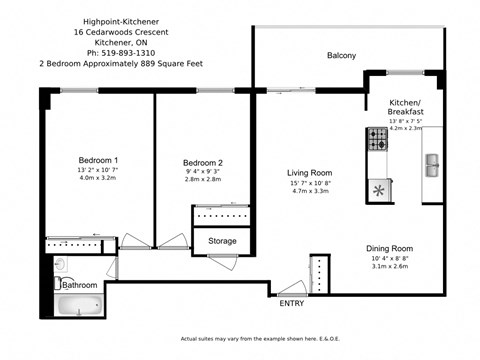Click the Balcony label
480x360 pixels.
coord(341,55)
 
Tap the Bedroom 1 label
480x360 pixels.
coord(98,161)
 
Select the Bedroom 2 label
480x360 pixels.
coord(203,163)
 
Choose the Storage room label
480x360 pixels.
coord(222,241)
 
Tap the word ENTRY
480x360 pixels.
coord(292,304)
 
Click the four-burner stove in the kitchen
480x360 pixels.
coord(379,144)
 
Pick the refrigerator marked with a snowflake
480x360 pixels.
coord(379,188)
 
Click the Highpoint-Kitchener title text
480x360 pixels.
coord(99,19)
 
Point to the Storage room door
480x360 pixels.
coord(222,262)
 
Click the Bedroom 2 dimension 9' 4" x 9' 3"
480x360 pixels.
coord(203,174)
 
